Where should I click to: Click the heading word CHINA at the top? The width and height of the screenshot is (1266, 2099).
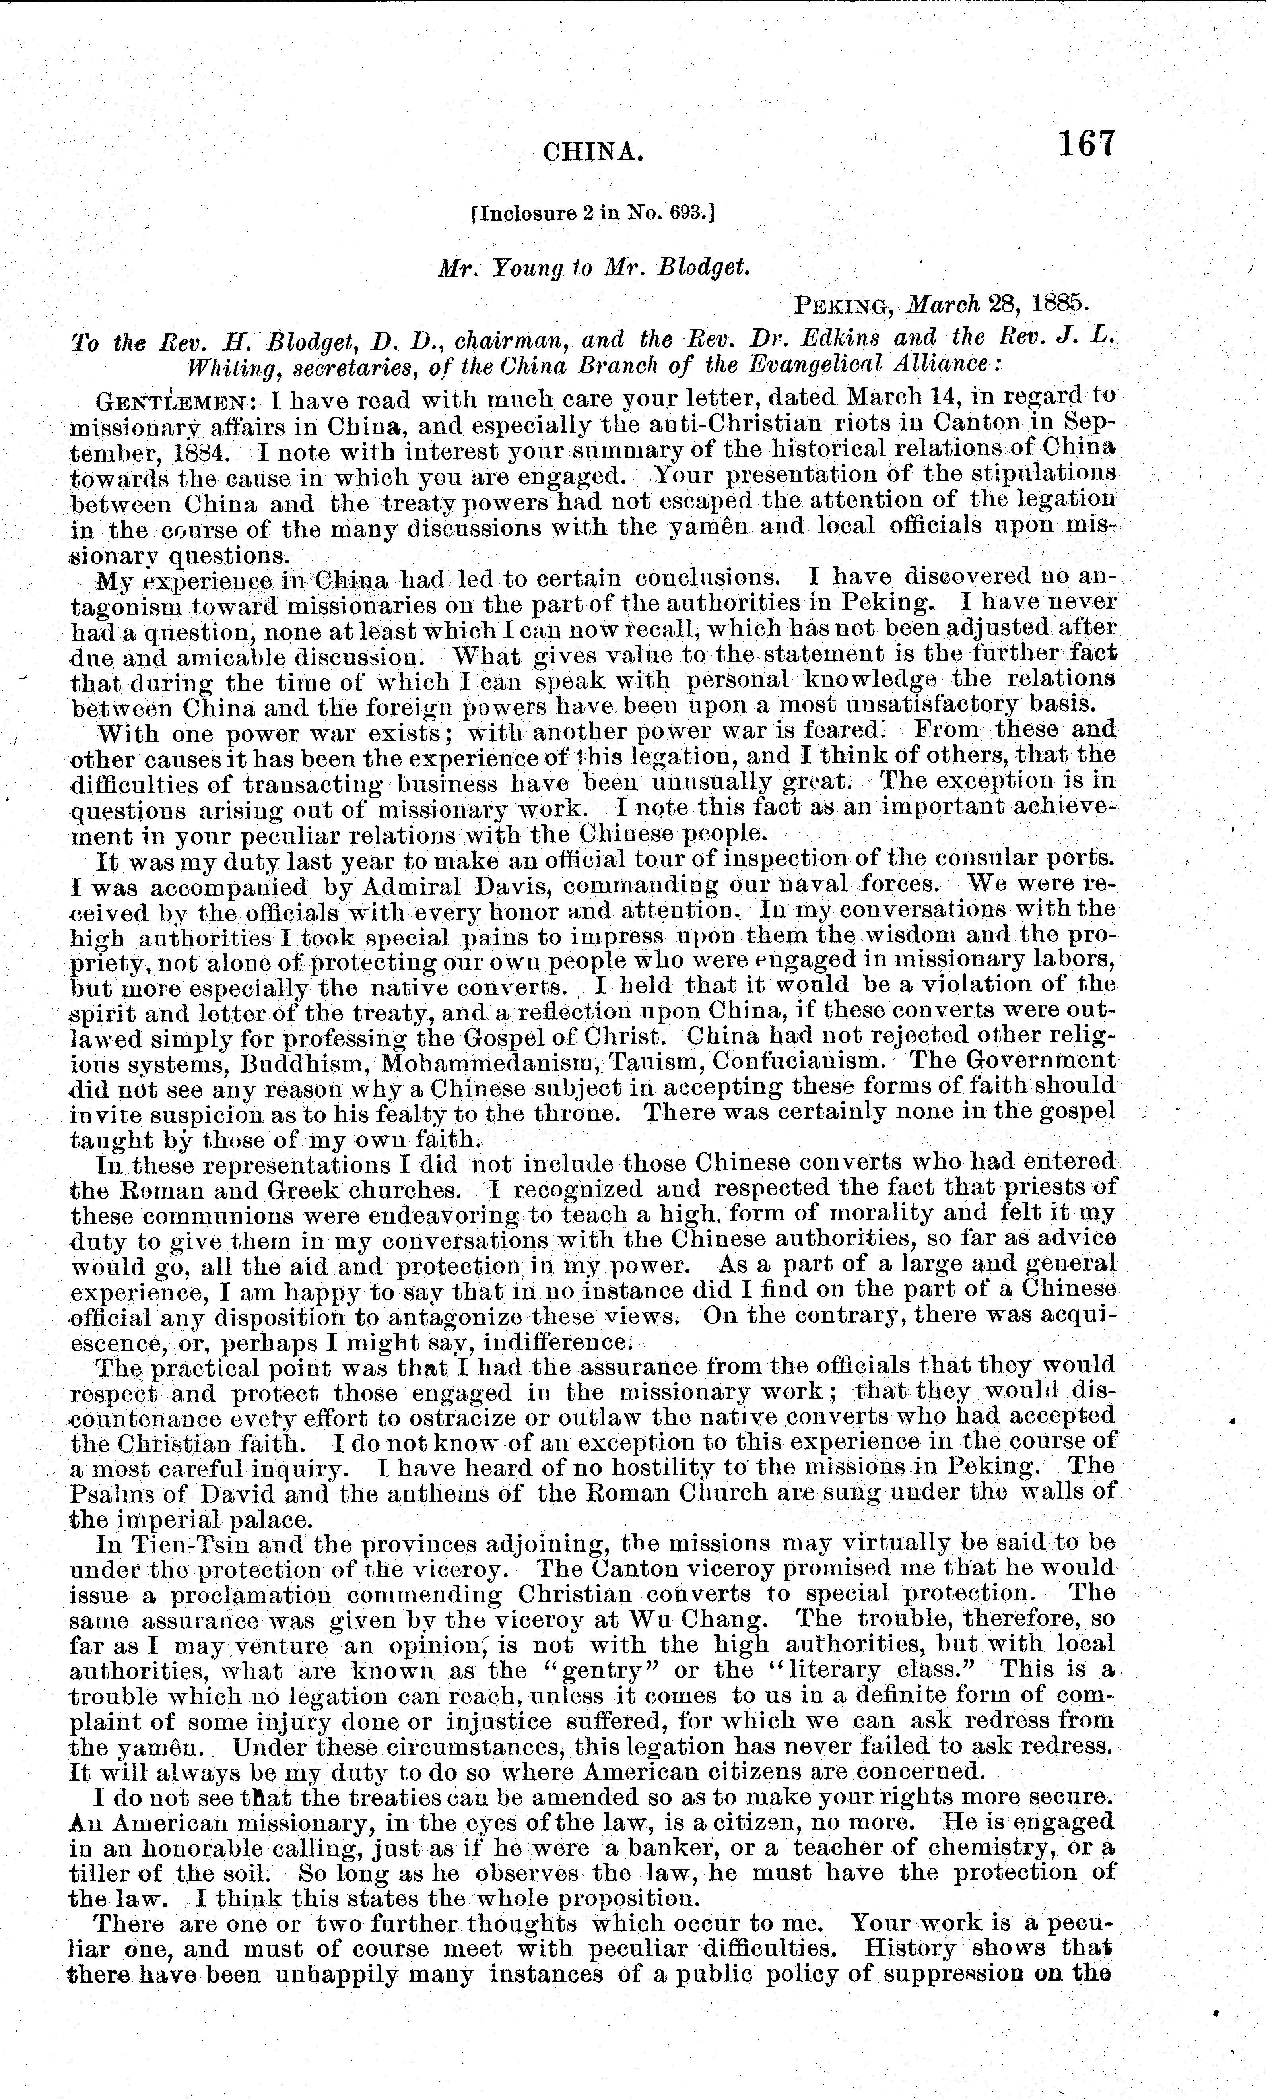592,153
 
